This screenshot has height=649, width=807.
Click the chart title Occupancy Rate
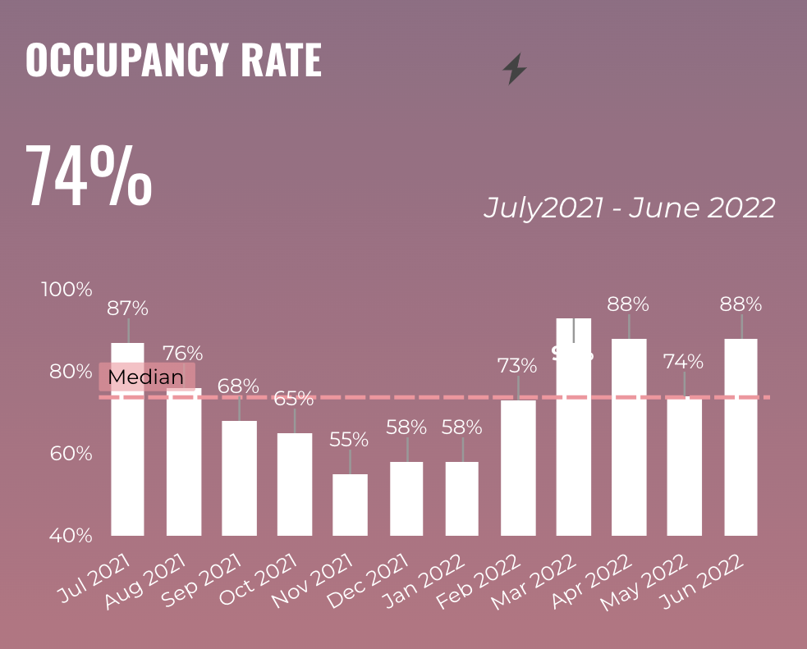click(173, 60)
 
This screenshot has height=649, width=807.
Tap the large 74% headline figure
click(89, 176)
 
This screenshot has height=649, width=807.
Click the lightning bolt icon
click(515, 69)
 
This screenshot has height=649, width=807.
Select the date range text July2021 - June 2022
click(629, 208)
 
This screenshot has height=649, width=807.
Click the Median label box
click(146, 377)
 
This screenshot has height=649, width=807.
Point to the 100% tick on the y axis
click(66, 290)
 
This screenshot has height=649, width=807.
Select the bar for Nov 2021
click(350, 505)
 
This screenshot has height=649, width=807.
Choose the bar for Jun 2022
click(741, 436)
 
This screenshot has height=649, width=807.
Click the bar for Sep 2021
click(239, 478)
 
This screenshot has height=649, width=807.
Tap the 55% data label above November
click(351, 439)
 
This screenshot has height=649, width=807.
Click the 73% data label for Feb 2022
click(517, 365)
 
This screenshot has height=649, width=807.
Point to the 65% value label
click(294, 399)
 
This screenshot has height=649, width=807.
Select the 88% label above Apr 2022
click(628, 304)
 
